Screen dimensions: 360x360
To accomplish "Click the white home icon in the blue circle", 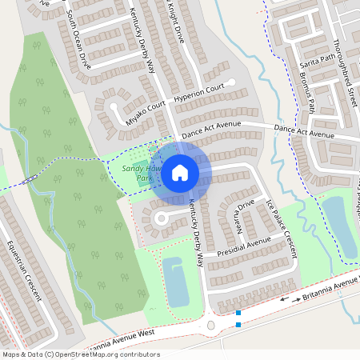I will tap(180, 172).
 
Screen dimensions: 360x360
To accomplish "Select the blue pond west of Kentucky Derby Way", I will tap(176, 282).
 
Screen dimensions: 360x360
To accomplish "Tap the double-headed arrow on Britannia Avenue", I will tap(290, 299).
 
